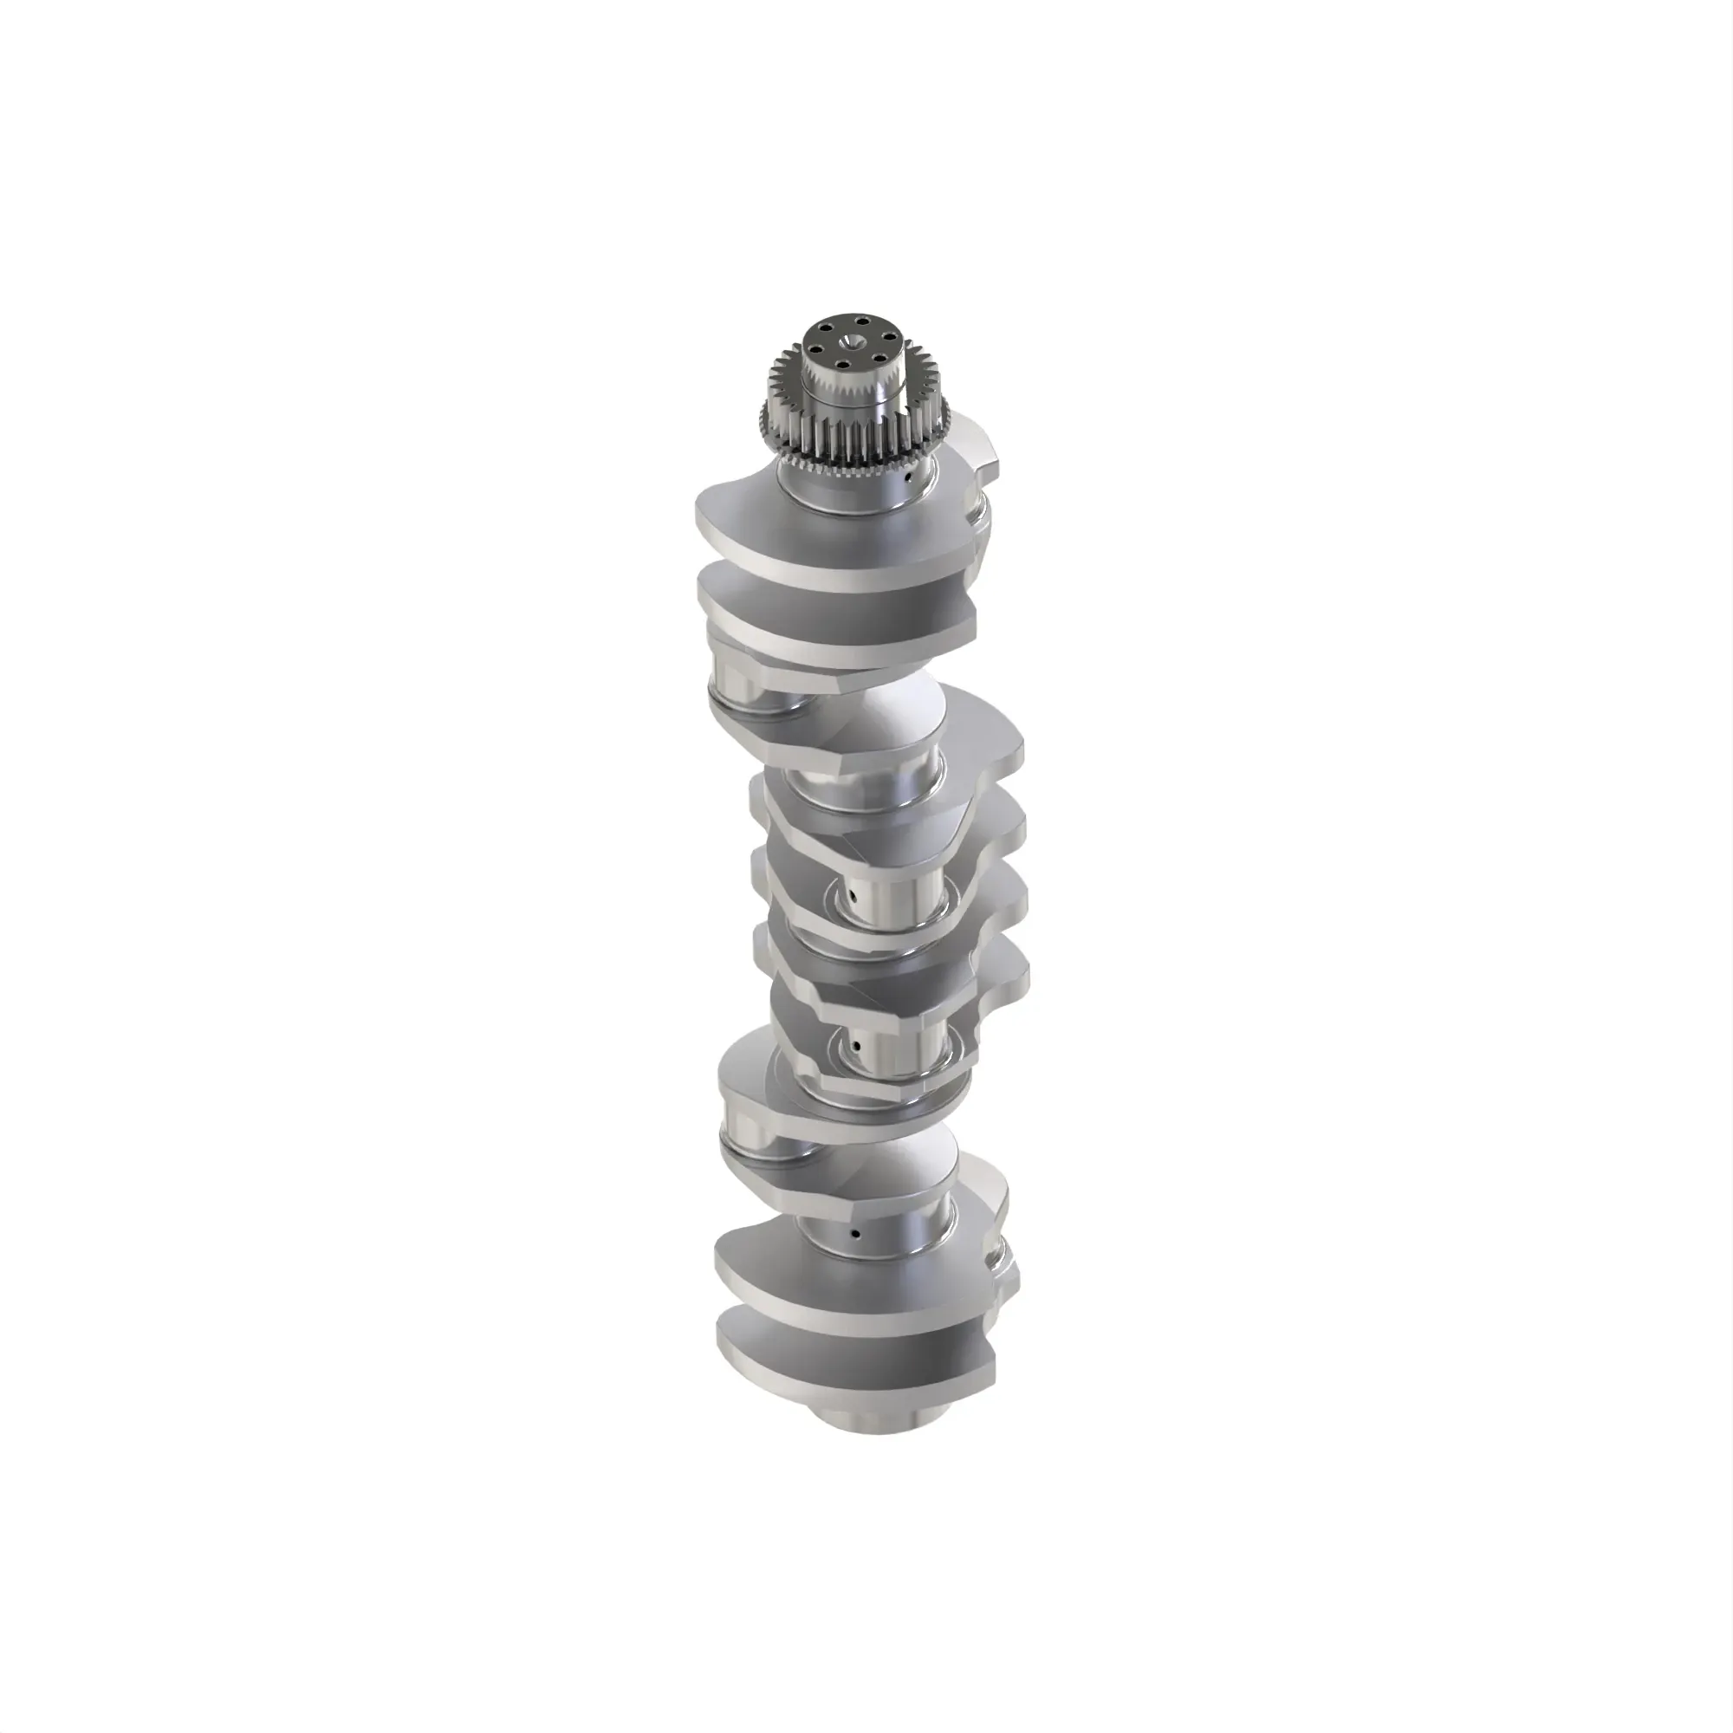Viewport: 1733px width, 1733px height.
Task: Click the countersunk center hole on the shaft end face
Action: click(848, 341)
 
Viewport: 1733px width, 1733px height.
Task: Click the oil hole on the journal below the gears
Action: click(908, 478)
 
